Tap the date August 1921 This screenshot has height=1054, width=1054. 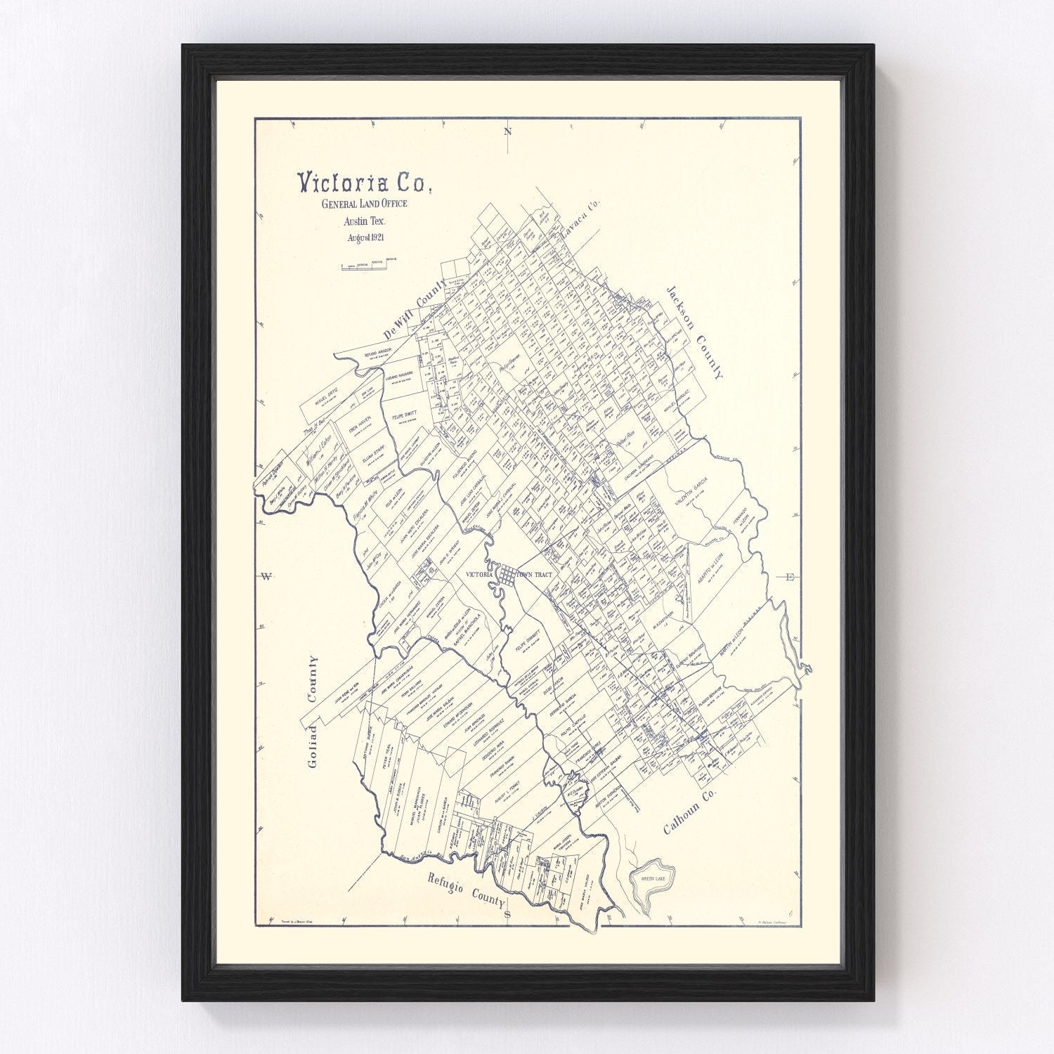(x=370, y=238)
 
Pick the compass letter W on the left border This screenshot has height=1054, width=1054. (x=266, y=577)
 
